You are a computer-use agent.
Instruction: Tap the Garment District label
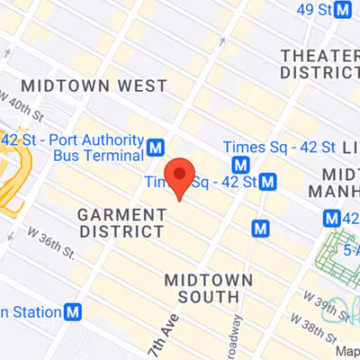122,224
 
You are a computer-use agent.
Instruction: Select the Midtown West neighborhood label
94,85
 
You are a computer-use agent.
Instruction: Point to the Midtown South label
208,288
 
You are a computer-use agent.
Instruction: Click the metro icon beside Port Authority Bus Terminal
157,146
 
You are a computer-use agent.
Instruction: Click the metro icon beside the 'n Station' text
73,312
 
